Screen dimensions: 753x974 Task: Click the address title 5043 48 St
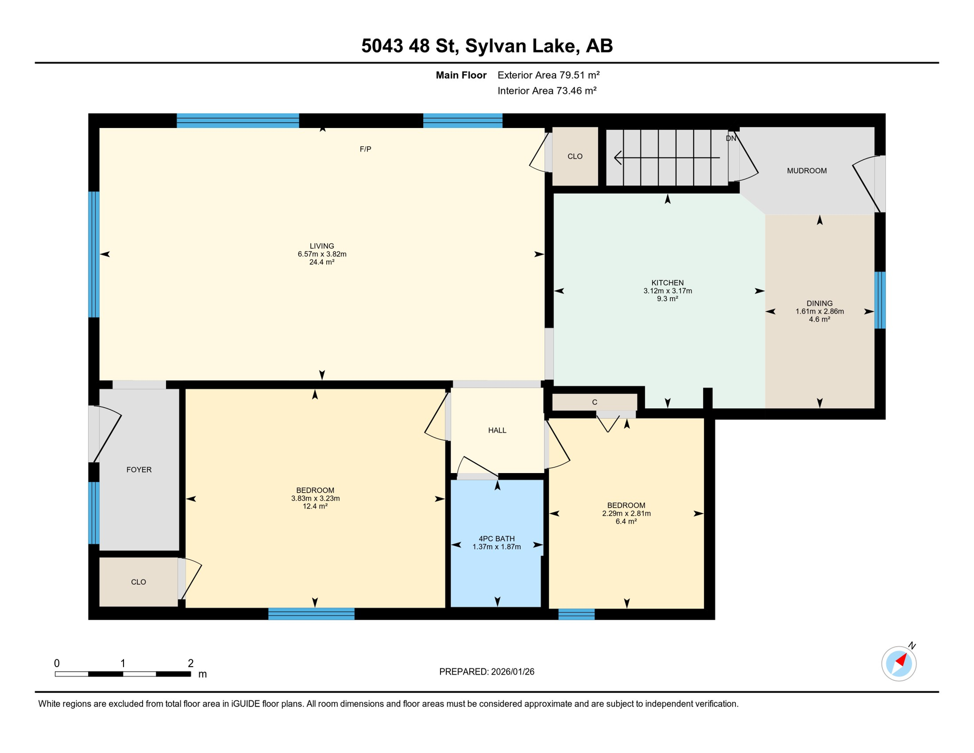pos(487,46)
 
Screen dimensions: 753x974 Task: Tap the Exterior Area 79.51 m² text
pos(548,75)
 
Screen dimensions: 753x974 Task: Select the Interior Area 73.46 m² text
pos(547,91)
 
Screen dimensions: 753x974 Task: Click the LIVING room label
pos(322,246)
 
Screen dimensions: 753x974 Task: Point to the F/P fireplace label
pos(365,149)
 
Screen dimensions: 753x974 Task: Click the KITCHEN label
pos(667,283)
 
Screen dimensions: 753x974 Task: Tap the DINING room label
pos(819,303)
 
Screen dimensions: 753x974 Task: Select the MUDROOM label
pos(806,171)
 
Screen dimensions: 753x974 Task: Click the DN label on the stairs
pos(730,139)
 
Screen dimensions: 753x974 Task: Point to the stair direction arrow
pos(666,158)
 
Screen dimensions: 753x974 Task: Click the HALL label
pos(497,430)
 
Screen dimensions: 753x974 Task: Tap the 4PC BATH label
pos(496,539)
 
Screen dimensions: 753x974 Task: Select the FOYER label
pos(139,470)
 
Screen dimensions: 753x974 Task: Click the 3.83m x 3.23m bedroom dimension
pos(315,499)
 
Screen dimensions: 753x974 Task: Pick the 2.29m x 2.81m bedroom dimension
pos(626,514)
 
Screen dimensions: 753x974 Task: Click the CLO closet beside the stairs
pos(575,156)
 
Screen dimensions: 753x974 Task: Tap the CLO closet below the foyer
pos(138,582)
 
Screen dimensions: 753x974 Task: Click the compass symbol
pos(899,664)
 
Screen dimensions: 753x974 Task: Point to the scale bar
pos(122,674)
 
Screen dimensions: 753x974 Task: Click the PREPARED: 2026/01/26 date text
pos(487,672)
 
